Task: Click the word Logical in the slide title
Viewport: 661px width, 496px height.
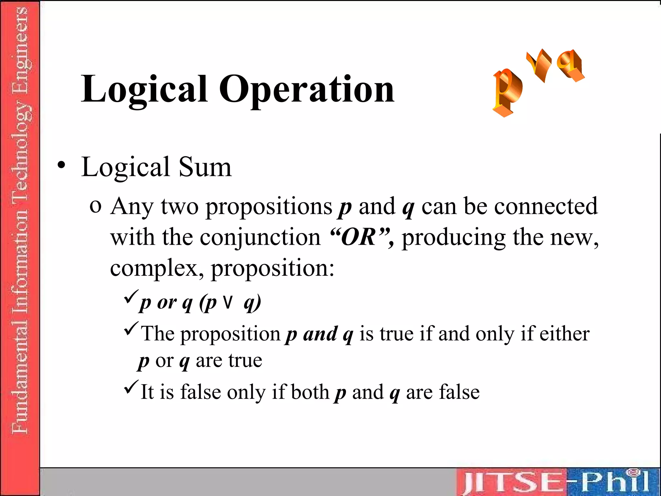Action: [x=144, y=89]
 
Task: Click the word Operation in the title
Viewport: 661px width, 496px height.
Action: [x=307, y=89]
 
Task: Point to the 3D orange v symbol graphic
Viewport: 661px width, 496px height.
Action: [x=540, y=65]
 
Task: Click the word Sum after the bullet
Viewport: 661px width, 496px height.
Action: [x=205, y=167]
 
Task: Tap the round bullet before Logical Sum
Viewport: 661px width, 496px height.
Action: [x=61, y=165]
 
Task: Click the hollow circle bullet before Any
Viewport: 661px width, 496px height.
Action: [x=96, y=206]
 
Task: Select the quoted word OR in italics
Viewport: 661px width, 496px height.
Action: [x=359, y=237]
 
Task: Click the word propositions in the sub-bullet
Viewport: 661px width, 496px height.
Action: [x=269, y=207]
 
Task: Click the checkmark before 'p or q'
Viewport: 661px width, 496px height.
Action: [x=131, y=297]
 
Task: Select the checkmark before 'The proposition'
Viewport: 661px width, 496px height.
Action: [x=131, y=328]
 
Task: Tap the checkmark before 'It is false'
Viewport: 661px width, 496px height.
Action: [x=131, y=387]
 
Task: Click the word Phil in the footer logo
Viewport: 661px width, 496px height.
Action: [x=615, y=481]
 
